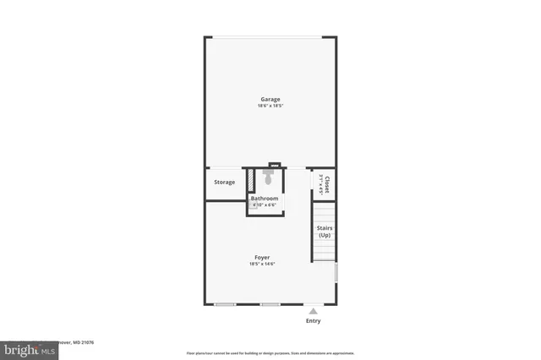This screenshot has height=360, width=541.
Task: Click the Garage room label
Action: (270, 99)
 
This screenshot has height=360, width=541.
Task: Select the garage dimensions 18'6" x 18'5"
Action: (270, 106)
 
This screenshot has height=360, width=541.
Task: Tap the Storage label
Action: (224, 183)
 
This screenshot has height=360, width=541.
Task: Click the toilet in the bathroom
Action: (268, 178)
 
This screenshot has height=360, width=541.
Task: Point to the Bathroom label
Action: (265, 199)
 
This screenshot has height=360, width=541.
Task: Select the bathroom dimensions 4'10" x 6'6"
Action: (265, 205)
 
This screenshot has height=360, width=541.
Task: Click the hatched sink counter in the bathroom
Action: (251, 181)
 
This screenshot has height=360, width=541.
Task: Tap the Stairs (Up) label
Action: (324, 231)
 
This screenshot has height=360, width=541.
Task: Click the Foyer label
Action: (262, 257)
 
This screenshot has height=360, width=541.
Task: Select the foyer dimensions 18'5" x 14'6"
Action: (262, 264)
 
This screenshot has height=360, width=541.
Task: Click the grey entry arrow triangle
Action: (313, 311)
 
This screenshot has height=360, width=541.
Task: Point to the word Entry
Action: (313, 321)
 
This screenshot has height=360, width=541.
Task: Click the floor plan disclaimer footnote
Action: (270, 352)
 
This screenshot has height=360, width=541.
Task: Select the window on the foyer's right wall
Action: (336, 272)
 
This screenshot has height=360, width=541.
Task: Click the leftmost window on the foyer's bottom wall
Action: (225, 303)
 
